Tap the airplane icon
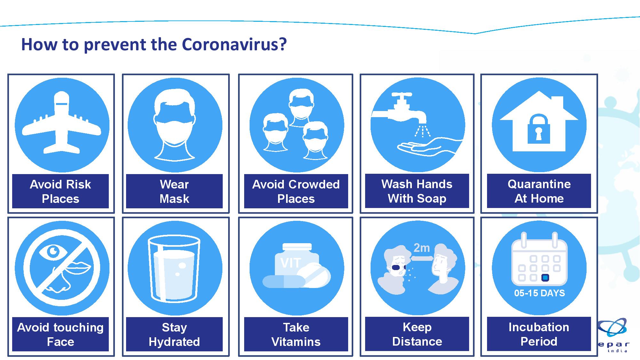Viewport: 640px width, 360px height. click(x=62, y=123)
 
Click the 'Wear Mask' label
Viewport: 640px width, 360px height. click(x=174, y=191)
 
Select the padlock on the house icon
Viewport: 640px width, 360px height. click(x=539, y=129)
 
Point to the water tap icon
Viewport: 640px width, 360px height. click(x=400, y=109)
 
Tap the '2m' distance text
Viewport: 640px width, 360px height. click(x=421, y=248)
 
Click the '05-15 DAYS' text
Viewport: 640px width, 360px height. click(x=540, y=293)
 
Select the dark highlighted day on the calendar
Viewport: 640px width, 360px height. click(x=545, y=277)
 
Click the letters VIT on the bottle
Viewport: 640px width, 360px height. click(x=291, y=263)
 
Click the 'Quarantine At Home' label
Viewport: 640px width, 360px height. click(x=539, y=191)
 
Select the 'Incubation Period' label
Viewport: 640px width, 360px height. click(x=539, y=334)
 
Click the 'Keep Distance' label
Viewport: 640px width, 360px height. click(x=417, y=334)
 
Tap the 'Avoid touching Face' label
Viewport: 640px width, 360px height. click(x=60, y=334)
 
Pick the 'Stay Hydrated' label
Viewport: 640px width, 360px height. click(x=174, y=334)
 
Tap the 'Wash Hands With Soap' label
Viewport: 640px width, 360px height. click(x=417, y=191)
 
